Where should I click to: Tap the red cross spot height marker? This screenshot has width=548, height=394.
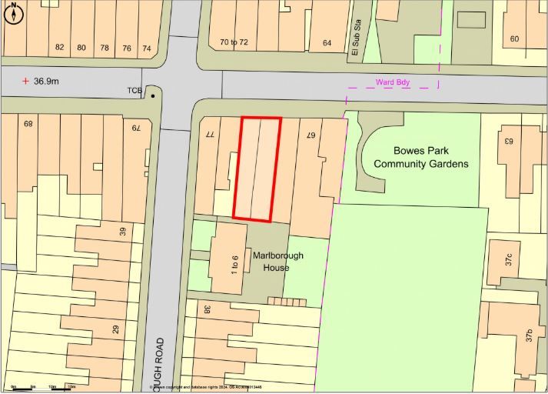click(x=25, y=80)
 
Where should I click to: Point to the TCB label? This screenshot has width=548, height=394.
click(x=135, y=91)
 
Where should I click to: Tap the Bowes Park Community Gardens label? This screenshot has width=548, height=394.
click(x=420, y=157)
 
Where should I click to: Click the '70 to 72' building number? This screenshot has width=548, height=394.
click(x=234, y=42)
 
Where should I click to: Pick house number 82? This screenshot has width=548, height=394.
click(x=59, y=48)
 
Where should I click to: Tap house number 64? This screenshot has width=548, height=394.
click(x=327, y=42)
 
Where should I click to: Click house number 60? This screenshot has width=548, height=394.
click(x=514, y=39)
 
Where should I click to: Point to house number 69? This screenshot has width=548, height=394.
click(x=29, y=124)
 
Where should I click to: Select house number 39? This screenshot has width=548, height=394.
click(x=122, y=231)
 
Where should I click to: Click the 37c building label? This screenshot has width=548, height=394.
click(x=508, y=259)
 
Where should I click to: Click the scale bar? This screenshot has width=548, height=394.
click(x=42, y=389)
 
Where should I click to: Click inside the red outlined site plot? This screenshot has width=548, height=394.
click(x=257, y=169)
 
